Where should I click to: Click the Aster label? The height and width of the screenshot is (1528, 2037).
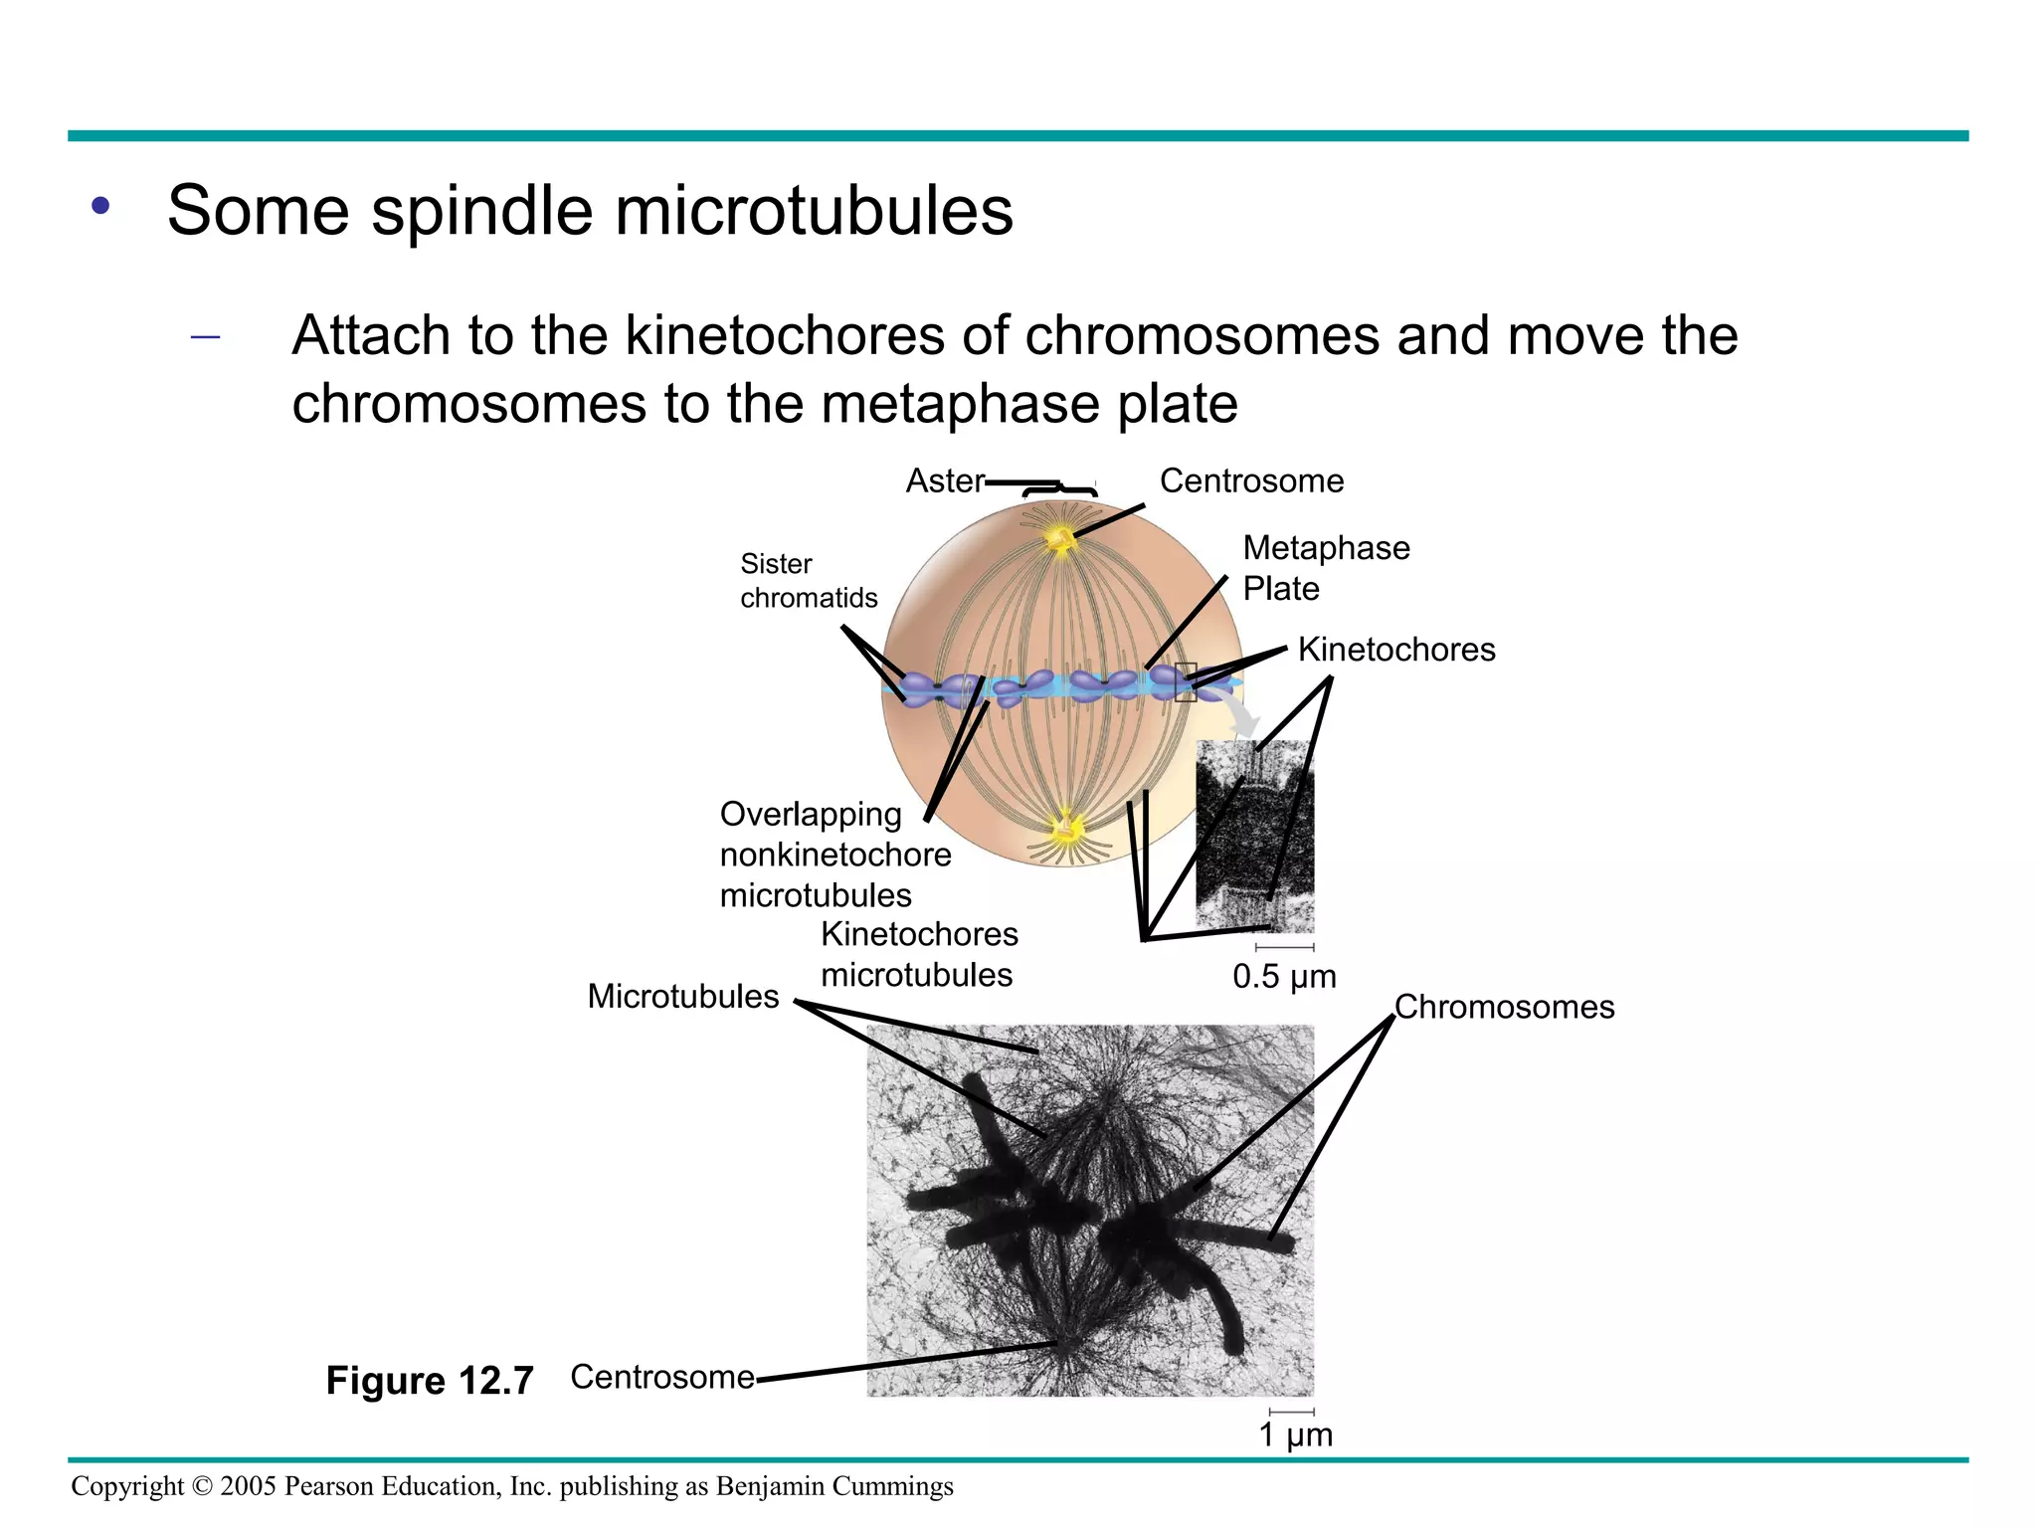944,481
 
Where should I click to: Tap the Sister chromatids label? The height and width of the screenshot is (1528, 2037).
809,581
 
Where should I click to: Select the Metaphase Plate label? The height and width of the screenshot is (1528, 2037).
1326,568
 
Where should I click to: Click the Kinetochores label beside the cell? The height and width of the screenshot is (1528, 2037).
1396,650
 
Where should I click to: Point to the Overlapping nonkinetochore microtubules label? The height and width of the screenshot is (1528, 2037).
834,855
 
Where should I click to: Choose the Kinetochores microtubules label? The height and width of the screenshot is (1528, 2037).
919,954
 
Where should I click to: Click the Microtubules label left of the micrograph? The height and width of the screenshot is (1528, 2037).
682,997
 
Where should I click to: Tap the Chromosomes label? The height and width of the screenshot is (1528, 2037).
1504,1007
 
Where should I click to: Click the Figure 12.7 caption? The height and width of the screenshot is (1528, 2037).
430,1381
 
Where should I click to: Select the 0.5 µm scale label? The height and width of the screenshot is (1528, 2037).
1284,977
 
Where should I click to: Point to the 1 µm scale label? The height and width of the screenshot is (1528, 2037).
1295,1435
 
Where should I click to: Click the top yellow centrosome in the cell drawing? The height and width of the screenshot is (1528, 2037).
1059,539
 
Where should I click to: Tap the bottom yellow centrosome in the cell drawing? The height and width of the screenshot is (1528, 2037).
1068,826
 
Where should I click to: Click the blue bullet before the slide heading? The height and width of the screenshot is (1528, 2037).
100,207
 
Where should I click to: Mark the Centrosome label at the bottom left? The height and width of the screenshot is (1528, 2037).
662,1377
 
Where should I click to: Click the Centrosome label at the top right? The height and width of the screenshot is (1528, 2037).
1251,481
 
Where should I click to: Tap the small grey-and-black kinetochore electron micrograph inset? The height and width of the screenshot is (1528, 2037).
1255,836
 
